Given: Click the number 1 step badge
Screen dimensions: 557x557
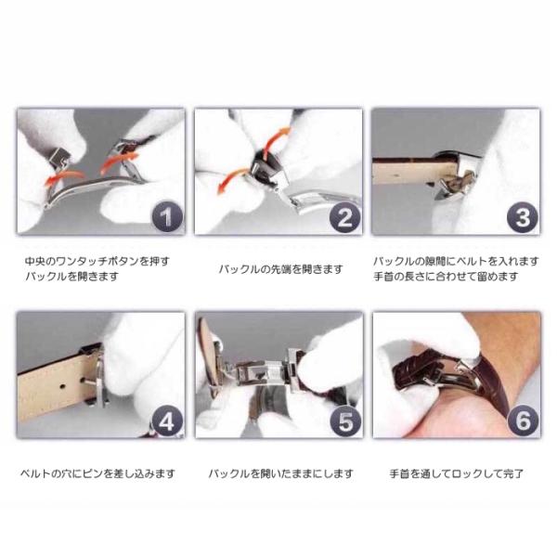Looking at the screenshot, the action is [167, 216].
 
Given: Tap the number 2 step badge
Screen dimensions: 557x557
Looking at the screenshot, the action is [344, 216].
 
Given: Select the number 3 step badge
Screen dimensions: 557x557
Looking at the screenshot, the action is [522, 216].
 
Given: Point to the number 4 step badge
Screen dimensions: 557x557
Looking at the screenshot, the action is [166, 421].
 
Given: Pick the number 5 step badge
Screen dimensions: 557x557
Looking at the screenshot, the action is [344, 421].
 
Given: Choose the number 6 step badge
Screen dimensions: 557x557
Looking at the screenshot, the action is [523, 421].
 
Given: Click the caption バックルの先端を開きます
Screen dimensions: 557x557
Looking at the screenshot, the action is [280, 269].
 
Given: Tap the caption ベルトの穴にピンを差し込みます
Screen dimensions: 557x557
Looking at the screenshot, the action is [97, 473].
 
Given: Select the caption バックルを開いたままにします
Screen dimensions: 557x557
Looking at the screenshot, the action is [280, 473].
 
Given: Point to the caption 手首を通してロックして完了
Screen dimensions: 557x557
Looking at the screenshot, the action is [456, 473].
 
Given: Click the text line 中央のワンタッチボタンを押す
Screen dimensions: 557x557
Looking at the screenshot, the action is [97, 262].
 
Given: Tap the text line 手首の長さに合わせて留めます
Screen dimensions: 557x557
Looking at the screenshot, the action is [446, 277].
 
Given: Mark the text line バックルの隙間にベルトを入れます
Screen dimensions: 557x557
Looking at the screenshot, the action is [456, 262].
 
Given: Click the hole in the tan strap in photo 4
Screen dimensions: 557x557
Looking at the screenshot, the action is [62, 385].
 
